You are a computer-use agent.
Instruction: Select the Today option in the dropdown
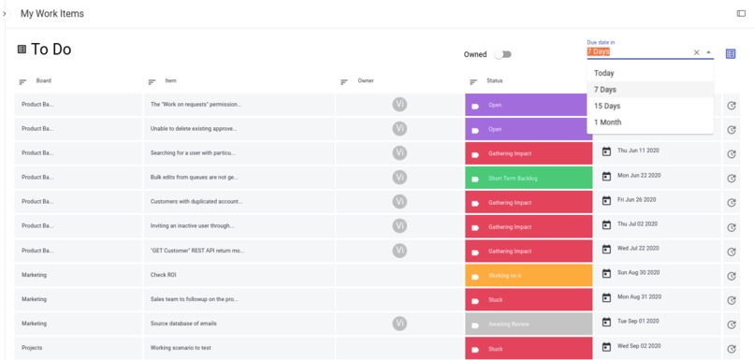point(604,73)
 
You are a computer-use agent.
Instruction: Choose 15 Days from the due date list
point(607,106)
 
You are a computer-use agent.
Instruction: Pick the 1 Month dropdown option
point(607,122)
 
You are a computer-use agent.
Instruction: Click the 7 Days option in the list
point(605,90)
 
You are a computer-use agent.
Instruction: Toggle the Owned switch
point(502,54)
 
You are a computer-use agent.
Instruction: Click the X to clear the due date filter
point(696,52)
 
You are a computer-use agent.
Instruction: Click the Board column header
point(44,81)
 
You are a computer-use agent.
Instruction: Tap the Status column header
point(495,81)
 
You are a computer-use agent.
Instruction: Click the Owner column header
point(366,81)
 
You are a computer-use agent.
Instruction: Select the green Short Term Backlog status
point(529,178)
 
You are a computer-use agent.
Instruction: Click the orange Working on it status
point(529,276)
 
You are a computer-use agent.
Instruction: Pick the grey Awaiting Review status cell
point(529,324)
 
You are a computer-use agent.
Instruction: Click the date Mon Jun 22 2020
point(639,176)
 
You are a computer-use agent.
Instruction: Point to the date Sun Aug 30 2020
point(639,273)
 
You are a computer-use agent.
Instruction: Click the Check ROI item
point(164,275)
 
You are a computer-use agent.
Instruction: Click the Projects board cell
point(32,348)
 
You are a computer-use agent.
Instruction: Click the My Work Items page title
point(52,14)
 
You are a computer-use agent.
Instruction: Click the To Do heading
point(51,50)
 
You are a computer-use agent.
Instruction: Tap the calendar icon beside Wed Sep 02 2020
point(606,347)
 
